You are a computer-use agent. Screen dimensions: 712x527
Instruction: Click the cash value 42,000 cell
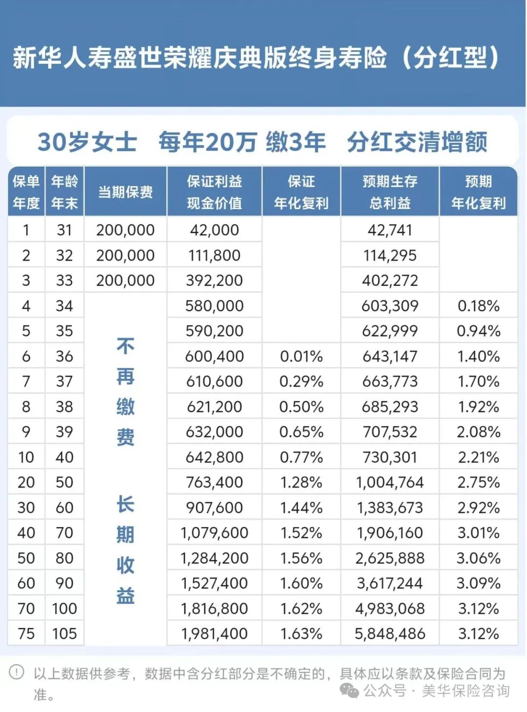[214, 230]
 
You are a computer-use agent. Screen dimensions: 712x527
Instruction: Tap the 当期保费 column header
[125, 192]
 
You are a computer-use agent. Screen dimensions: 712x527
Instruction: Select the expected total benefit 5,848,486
[390, 633]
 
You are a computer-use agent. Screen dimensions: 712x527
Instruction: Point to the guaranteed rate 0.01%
[301, 356]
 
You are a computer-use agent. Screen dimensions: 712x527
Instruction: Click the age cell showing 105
[64, 633]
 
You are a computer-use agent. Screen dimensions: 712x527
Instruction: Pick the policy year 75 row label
[26, 633]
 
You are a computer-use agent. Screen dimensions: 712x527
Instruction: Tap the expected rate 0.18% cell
[478, 306]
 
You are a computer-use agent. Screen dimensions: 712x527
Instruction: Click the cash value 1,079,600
[214, 533]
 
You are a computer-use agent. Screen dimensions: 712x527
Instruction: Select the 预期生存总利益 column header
[390, 192]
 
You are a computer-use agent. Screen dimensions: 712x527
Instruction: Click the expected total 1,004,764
[390, 482]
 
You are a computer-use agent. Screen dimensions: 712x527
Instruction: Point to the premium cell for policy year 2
[125, 255]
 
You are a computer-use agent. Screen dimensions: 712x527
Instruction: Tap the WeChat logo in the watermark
[349, 690]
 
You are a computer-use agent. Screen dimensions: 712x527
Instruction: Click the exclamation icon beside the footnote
[17, 672]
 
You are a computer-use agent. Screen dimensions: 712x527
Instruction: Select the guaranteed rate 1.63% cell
[301, 633]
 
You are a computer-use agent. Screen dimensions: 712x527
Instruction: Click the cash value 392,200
[214, 280]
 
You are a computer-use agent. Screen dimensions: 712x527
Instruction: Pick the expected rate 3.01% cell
[478, 533]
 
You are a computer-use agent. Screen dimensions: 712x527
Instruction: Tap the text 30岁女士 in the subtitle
[87, 142]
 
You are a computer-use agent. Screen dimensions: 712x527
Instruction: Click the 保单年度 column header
[26, 192]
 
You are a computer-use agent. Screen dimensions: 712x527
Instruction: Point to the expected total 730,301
[390, 457]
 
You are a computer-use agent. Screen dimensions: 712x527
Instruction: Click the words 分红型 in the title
[450, 58]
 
